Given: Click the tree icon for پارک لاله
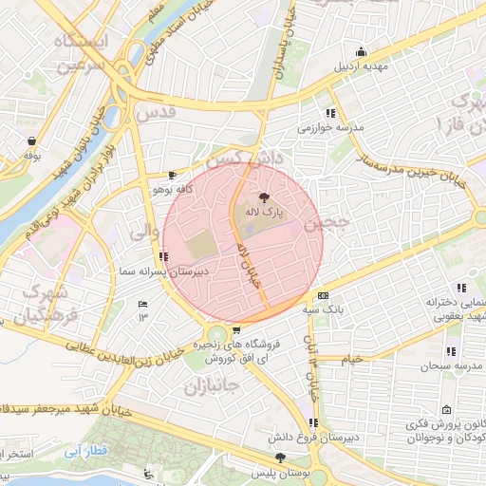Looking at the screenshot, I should pyautogui.click(x=263, y=196).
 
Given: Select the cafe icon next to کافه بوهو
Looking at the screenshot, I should pyautogui.click(x=172, y=176).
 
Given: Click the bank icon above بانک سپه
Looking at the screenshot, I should pyautogui.click(x=324, y=295).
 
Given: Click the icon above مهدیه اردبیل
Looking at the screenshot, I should pyautogui.click(x=360, y=52).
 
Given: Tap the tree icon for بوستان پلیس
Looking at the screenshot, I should pyautogui.click(x=279, y=458).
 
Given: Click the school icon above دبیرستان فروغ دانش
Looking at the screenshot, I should pyautogui.click(x=313, y=423).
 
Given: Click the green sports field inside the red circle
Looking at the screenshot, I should pyautogui.click(x=201, y=244).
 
